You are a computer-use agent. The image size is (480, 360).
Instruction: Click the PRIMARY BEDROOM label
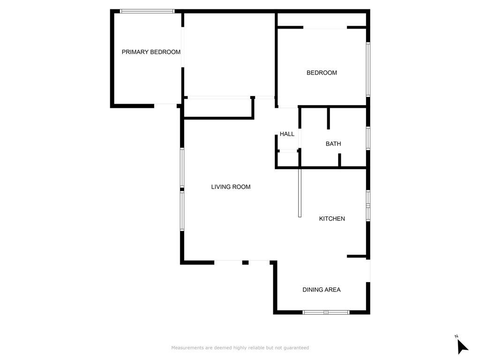pyautogui.click(x=151, y=52)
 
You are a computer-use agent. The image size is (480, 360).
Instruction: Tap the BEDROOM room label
pyautogui.click(x=322, y=73)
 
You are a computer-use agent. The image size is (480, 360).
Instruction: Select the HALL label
pyautogui.click(x=287, y=134)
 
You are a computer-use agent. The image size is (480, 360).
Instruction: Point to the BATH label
pyautogui.click(x=333, y=144)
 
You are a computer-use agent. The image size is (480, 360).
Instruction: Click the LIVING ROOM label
pyautogui.click(x=231, y=187)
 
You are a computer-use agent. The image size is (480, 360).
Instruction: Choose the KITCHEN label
pyautogui.click(x=332, y=218)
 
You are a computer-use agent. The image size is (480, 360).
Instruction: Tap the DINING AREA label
pyautogui.click(x=321, y=290)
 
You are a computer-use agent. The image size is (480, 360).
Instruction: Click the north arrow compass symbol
pyautogui.click(x=462, y=346)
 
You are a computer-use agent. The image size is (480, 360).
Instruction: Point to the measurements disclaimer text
pyautogui.click(x=240, y=348)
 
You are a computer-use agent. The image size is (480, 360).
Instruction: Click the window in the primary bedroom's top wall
pyautogui.click(x=147, y=11)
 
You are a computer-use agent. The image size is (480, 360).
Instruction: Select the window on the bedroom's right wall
pyautogui.click(x=368, y=69)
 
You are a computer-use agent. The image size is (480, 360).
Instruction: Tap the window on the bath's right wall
pyautogui.click(x=368, y=138)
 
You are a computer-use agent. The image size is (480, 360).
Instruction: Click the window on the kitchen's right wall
pyautogui.click(x=368, y=205)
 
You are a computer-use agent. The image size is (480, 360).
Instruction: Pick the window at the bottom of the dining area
pyautogui.click(x=326, y=312)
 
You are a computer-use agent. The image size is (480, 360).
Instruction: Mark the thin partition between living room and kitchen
pyautogui.click(x=300, y=192)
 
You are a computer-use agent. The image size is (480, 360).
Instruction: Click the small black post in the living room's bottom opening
pyautogui.click(x=245, y=262)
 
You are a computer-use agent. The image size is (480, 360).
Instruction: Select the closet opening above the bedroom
pyautogui.click(x=325, y=28)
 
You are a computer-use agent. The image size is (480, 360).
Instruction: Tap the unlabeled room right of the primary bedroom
pyautogui.click(x=228, y=54)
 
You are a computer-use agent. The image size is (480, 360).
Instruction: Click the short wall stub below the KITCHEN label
pyautogui.click(x=357, y=256)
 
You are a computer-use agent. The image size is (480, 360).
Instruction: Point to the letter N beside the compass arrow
pyautogui.click(x=456, y=336)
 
